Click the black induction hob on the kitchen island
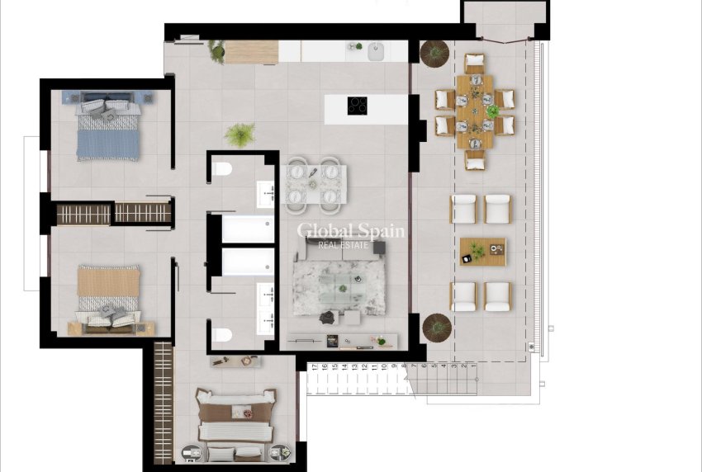click(357, 105)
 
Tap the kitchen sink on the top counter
click(376, 49)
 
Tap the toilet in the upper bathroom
click(221, 170)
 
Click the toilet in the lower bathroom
click(221, 335)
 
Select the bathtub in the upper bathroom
click(248, 229)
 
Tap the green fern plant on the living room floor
click(240, 134)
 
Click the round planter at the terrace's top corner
click(434, 54)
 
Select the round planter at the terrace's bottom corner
click(436, 327)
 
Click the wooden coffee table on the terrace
click(482, 251)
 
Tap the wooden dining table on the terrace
click(474, 111)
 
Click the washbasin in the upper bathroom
click(266, 196)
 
